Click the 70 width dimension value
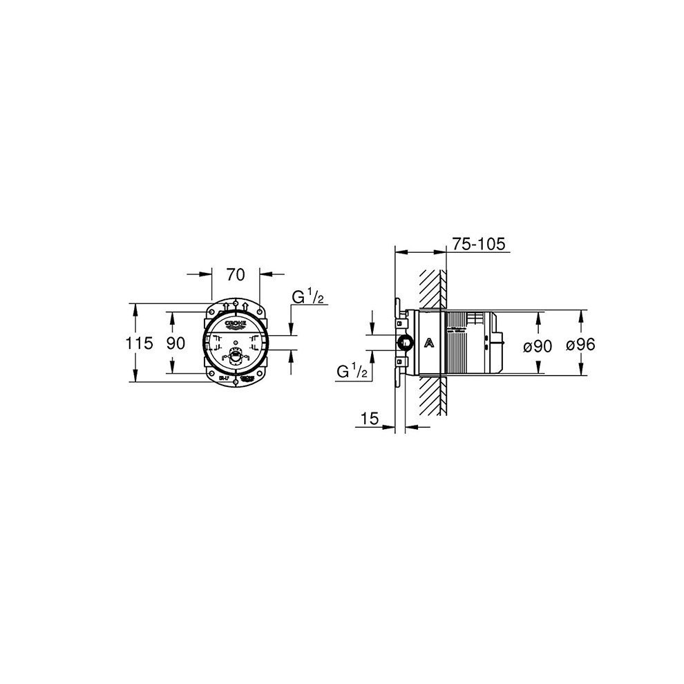235,275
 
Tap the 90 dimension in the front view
175,343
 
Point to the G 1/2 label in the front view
308,298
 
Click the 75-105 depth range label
479,244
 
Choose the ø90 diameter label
539,345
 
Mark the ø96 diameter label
580,345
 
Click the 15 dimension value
370,418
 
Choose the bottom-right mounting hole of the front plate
259,377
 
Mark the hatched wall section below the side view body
433,397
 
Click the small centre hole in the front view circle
236,343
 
